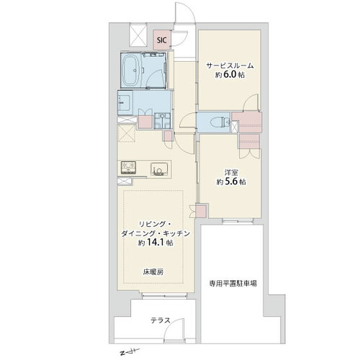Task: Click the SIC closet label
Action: [162, 40]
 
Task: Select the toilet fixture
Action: [220, 122]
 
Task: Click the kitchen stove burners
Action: [128, 168]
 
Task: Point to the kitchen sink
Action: [158, 169]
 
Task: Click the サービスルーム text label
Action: [230, 66]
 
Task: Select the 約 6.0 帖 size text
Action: [230, 75]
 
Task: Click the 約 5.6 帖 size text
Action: [231, 181]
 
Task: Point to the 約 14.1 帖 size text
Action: [156, 243]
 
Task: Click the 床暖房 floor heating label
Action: [153, 272]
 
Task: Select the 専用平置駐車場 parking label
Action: [233, 284]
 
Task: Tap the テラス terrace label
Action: [161, 320]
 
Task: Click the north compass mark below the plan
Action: [130, 352]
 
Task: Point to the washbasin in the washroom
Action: [125, 103]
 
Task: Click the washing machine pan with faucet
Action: [163, 120]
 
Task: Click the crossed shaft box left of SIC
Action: [138, 35]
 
